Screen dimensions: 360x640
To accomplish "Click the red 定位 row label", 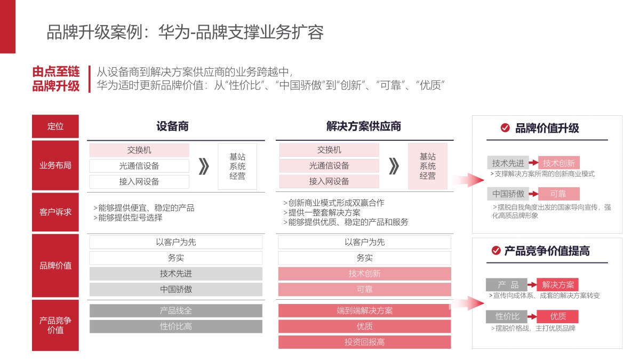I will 55,126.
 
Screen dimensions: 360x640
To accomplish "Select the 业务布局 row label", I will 55,165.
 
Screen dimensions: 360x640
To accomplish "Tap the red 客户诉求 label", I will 55,212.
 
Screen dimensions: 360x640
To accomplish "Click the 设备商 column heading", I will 172,126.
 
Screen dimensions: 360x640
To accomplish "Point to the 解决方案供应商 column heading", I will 364,126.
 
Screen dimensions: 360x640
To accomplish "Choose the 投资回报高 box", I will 364,342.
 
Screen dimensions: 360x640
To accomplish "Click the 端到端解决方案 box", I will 364,310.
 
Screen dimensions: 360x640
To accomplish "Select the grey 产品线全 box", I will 175,310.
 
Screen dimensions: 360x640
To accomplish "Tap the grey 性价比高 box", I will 175,326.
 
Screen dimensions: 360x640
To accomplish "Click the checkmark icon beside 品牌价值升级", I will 505,127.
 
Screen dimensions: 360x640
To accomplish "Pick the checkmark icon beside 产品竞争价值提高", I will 496,250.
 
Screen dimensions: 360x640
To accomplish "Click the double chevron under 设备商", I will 203,166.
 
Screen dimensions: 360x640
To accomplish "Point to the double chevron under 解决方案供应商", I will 394,166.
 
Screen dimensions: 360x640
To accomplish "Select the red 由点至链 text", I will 56,71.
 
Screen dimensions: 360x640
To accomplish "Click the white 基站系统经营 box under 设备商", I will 237,166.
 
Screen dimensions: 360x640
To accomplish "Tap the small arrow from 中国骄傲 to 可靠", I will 532,194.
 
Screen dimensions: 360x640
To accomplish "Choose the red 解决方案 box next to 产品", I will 557,285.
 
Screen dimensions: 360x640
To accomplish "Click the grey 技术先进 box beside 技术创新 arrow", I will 508,163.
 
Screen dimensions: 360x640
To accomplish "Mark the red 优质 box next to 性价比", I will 557,317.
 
